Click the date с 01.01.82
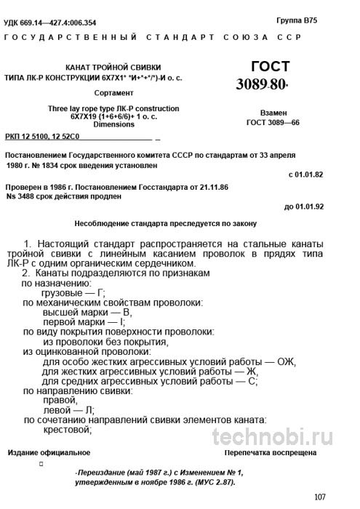pyautogui.click(x=304, y=175)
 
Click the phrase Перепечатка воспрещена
pyautogui.click(x=271, y=452)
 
